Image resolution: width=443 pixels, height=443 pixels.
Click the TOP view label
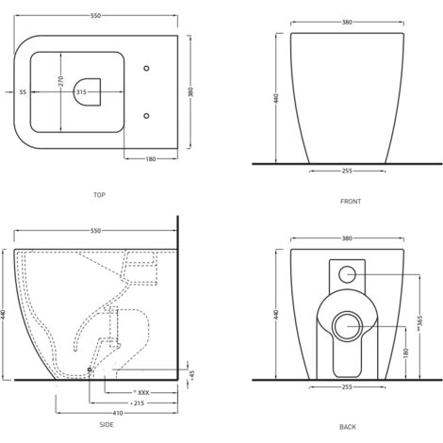(x=99, y=195)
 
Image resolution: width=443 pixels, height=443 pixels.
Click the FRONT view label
(x=351, y=202)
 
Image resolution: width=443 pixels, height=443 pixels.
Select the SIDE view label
(x=107, y=425)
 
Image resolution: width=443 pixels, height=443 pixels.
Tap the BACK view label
(x=348, y=427)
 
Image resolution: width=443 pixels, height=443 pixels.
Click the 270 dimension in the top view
(x=61, y=81)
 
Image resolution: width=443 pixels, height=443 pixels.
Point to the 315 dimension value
(x=81, y=92)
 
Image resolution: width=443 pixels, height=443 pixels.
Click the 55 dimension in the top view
(x=23, y=92)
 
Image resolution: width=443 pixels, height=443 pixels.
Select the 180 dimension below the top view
(x=151, y=159)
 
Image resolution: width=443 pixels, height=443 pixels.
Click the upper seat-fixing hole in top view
(x=146, y=68)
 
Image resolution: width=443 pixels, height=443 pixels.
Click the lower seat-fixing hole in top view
(x=146, y=116)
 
